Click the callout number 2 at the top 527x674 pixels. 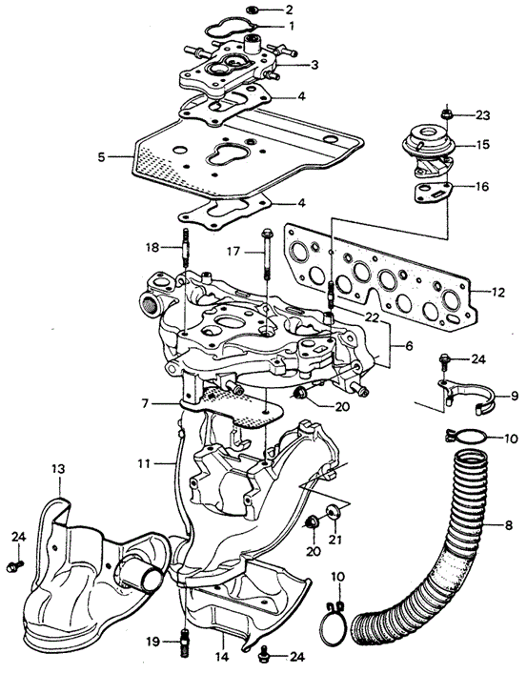click(289, 9)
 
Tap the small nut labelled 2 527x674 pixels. click(253, 10)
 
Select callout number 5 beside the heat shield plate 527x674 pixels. click(101, 157)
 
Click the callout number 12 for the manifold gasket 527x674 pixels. click(497, 293)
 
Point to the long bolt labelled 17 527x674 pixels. click(267, 254)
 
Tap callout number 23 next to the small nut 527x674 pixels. click(482, 115)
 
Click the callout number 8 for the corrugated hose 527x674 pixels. click(509, 525)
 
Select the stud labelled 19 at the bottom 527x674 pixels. click(184, 643)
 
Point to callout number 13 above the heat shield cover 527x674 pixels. click(58, 468)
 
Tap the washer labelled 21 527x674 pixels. click(333, 511)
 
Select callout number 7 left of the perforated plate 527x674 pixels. click(145, 403)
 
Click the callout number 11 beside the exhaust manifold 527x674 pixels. click(145, 464)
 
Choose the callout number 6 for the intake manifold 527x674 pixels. click(409, 345)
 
